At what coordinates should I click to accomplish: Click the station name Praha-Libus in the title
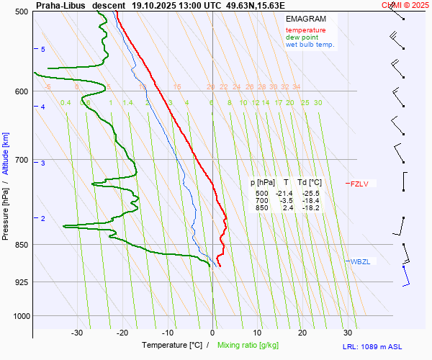point(61,5)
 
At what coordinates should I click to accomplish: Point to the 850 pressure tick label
point(19,245)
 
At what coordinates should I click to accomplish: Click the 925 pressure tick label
point(19,282)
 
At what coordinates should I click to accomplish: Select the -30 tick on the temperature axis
point(77,333)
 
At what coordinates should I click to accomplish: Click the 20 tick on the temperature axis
point(302,333)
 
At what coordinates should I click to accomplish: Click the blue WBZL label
point(360,261)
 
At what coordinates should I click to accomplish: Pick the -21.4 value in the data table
point(284,194)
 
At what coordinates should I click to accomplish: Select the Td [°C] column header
point(310,183)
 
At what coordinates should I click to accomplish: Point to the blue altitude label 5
point(43,49)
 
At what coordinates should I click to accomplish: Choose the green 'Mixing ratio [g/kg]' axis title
point(252,346)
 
